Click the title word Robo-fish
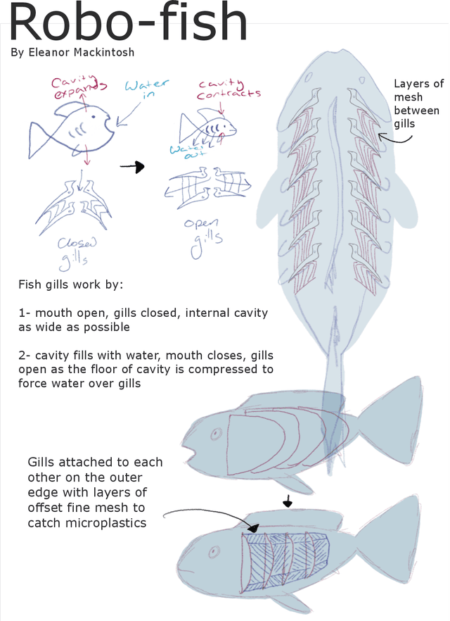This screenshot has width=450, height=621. point(129,24)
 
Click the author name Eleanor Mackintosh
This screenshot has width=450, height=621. point(73,53)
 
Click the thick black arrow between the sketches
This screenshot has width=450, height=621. point(131,167)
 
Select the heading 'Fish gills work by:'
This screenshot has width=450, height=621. point(70,285)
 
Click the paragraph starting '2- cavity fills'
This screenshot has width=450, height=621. point(146,369)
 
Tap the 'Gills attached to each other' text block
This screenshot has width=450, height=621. point(95,492)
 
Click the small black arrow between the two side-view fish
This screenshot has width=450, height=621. point(287,502)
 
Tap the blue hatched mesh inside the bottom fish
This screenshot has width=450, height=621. point(285,558)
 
